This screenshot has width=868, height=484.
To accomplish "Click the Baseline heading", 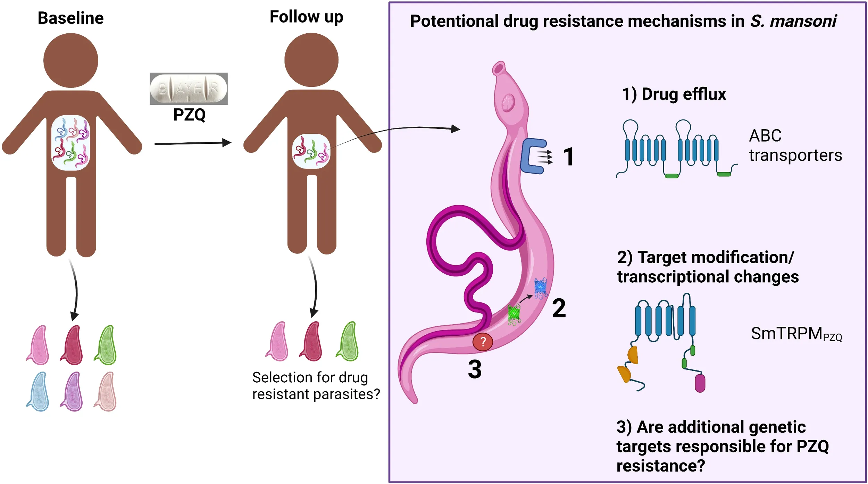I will click(70, 18).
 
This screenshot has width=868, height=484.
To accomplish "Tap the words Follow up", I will click(306, 17).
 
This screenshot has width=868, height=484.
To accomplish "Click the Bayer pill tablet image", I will click(189, 89).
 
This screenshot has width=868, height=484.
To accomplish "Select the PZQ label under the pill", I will click(189, 115).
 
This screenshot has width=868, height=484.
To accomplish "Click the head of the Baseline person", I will click(71, 60).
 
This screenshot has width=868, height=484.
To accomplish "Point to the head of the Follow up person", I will click(311, 60).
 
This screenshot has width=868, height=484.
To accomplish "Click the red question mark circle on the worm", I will click(482, 342).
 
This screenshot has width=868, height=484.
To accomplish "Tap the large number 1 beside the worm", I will click(568, 157).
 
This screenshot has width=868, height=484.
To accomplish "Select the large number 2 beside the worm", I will click(559, 308).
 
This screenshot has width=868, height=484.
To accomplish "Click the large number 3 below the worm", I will click(475, 369).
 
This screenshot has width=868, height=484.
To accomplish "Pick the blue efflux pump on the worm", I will click(533, 156).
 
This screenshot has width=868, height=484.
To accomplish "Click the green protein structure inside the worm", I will click(514, 315).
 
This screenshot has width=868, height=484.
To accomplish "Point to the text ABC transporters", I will click(795, 145).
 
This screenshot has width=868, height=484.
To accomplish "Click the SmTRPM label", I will click(796, 334).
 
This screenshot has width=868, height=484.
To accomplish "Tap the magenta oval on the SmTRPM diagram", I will click(700, 383).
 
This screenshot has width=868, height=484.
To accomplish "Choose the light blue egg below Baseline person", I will click(38, 392).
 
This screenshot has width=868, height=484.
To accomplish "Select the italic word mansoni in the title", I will click(803, 21).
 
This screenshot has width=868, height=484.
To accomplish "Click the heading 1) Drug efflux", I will click(674, 94).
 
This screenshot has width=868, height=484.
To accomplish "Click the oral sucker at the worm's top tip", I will click(499, 68).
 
